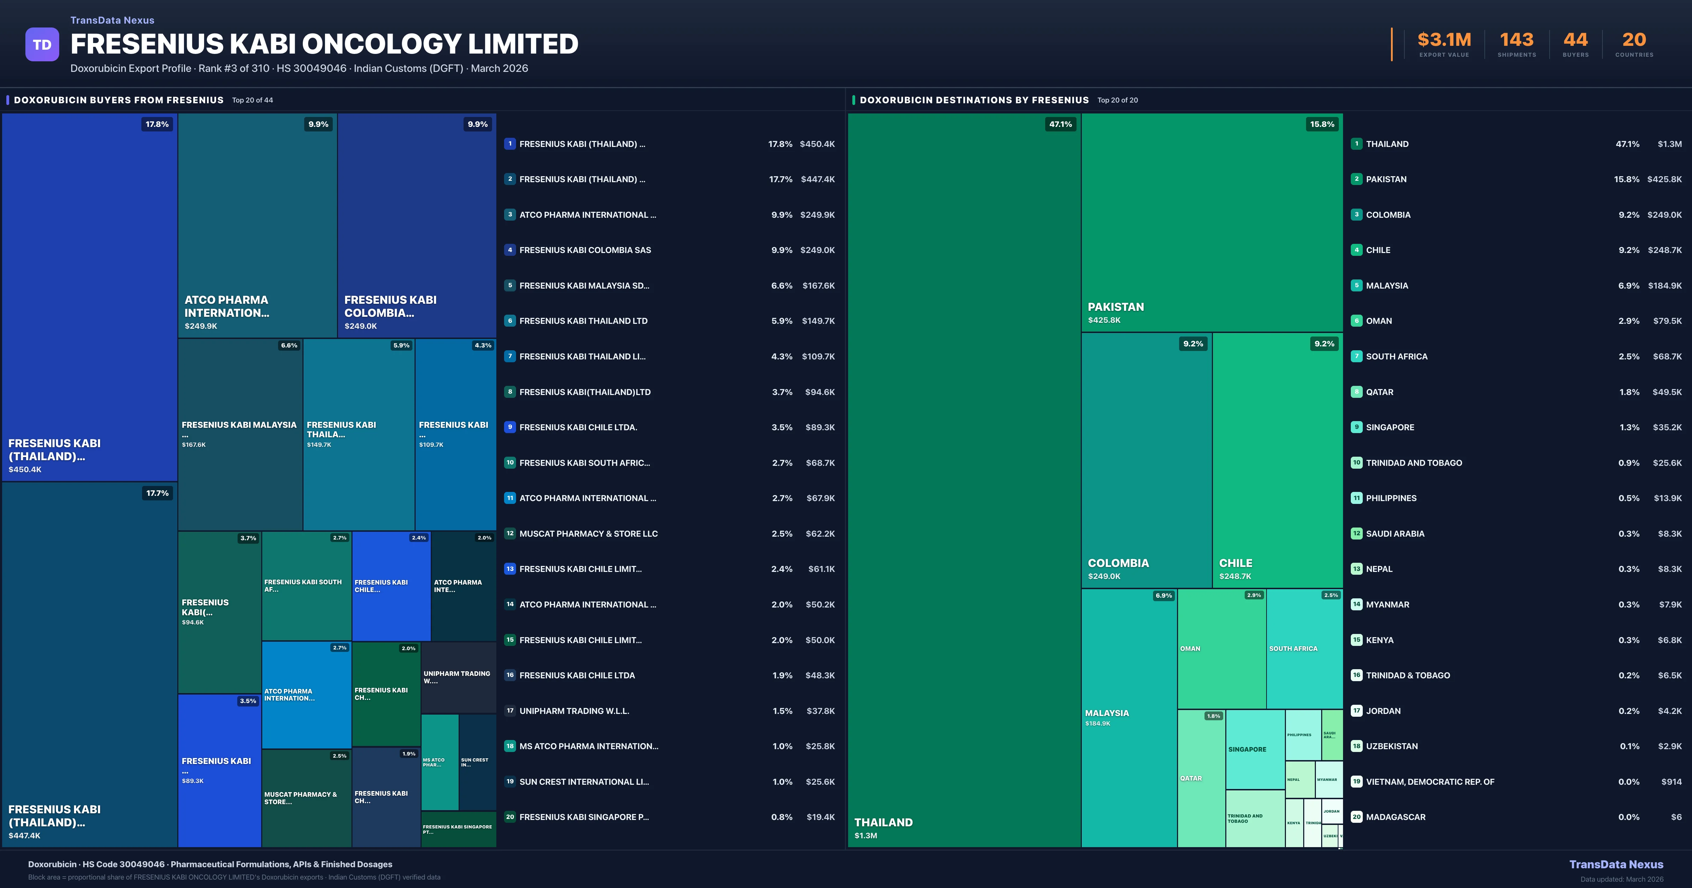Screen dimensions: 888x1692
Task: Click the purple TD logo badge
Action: (x=42, y=45)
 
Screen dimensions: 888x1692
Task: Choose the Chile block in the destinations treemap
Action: (x=1277, y=460)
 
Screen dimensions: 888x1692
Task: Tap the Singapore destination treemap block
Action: (x=1255, y=749)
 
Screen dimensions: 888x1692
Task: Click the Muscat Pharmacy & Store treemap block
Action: (x=306, y=798)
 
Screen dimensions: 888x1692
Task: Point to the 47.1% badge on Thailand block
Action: (x=1060, y=124)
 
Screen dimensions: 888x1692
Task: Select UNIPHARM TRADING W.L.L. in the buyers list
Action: (x=574, y=711)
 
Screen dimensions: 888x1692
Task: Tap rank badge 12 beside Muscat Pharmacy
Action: (x=510, y=533)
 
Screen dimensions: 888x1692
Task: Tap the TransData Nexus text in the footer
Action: (x=1616, y=864)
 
